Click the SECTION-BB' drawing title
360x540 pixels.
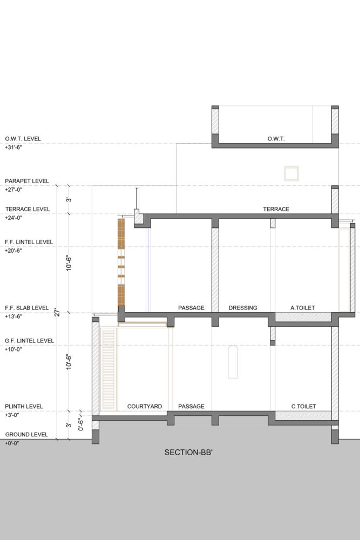pos(188,453)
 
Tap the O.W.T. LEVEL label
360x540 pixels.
pos(23,139)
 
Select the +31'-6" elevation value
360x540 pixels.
pos(13,147)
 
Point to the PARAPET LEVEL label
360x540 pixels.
pos(27,181)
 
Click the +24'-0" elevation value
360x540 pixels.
pos(13,218)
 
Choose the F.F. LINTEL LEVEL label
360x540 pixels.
pos(29,242)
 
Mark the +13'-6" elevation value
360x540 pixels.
pos(13,316)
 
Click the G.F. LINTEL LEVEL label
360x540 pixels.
pos(29,341)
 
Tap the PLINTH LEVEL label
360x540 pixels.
pos(24,407)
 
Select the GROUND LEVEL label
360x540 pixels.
pos(26,435)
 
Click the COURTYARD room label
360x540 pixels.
pos(145,407)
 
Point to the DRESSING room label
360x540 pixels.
pos(243,308)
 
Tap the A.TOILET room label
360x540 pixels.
pos(303,308)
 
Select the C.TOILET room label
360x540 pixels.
pos(303,407)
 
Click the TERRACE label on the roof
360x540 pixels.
pos(276,209)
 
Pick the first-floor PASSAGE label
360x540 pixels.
pos(191,308)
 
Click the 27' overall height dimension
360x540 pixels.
pos(57,313)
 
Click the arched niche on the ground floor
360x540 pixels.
pos(233,362)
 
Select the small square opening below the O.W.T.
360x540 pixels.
pos(291,173)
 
